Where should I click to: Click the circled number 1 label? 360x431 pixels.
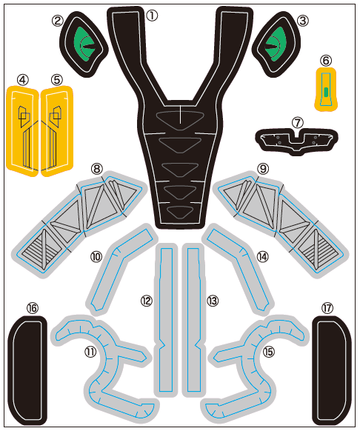152,16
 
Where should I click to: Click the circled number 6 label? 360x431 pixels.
326,61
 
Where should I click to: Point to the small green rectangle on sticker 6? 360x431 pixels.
326,92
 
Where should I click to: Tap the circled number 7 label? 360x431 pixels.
297,123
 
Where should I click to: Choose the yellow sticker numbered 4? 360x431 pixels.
22,131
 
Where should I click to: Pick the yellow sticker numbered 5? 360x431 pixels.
57,131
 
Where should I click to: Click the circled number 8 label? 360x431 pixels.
96,169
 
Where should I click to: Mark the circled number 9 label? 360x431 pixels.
263,169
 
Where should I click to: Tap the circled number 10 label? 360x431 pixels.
96,257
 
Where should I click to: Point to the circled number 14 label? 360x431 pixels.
262,257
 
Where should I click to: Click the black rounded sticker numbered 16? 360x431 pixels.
27,370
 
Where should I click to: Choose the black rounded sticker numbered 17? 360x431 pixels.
331,370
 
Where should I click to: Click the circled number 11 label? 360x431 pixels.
90,352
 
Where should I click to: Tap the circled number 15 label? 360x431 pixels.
269,352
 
